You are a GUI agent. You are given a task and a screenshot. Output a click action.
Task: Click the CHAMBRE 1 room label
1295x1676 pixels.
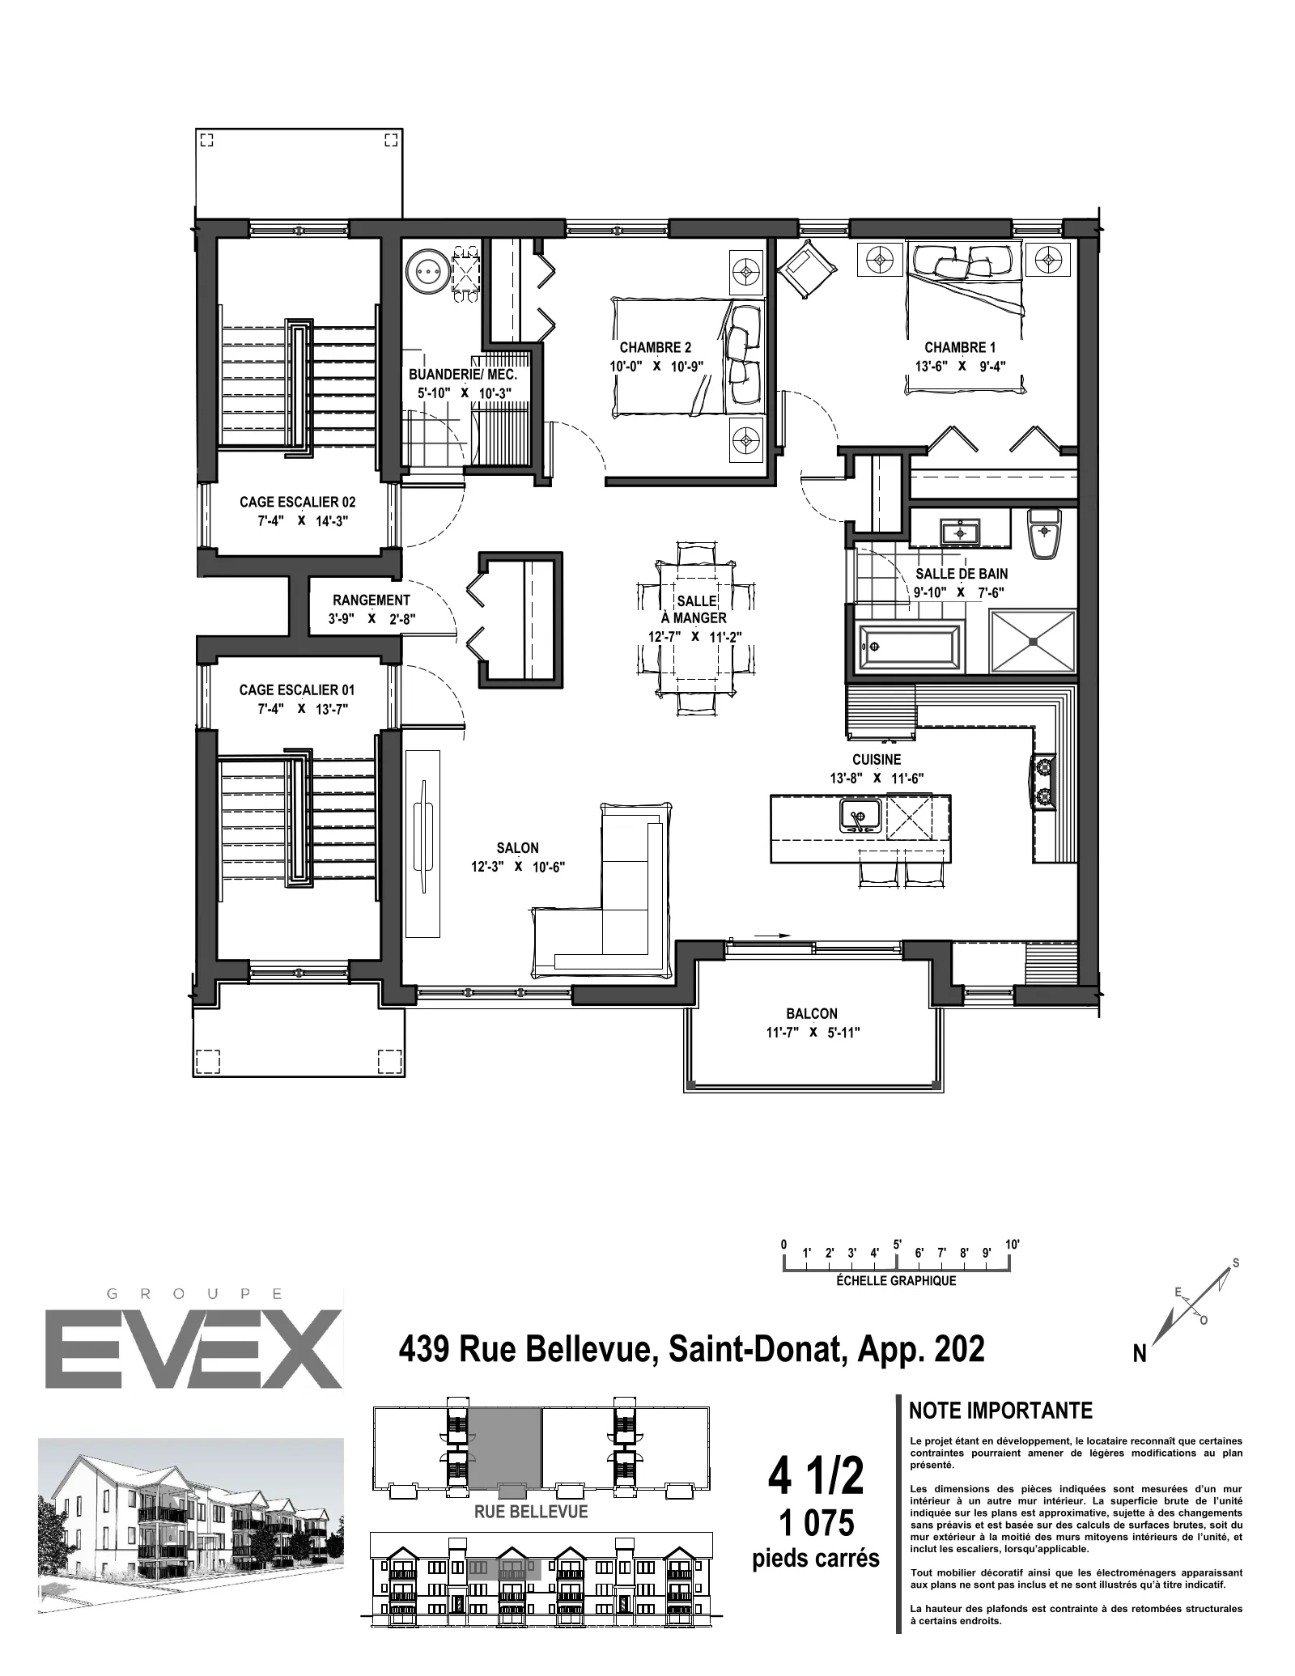960,348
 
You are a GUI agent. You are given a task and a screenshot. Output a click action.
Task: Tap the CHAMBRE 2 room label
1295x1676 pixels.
656,348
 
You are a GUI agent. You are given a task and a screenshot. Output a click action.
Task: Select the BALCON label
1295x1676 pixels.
812,1013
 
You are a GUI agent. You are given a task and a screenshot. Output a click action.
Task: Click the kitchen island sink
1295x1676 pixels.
860,814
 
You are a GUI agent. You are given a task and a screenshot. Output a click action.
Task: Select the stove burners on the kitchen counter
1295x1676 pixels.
1043,781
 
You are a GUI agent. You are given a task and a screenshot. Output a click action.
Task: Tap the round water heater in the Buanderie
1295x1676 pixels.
427,274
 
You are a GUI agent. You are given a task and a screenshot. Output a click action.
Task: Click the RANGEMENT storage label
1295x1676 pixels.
372,600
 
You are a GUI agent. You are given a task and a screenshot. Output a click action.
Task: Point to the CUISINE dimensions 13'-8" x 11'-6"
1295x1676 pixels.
877,779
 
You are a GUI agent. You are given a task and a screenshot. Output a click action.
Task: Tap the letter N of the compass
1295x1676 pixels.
1139,1355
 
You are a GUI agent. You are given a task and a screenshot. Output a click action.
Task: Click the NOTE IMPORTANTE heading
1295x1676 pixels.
1000,1411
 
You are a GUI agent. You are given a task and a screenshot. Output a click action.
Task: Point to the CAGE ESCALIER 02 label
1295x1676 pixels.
297,503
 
